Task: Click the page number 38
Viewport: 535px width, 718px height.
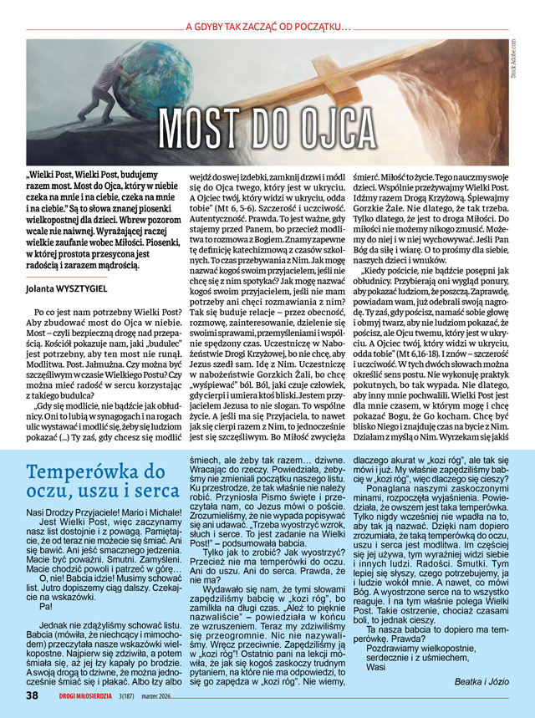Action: pyautogui.click(x=31, y=695)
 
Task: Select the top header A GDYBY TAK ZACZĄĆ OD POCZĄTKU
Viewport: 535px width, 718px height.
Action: pyautogui.click(x=268, y=26)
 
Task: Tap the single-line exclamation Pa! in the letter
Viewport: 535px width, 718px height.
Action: pyautogui.click(x=45, y=606)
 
